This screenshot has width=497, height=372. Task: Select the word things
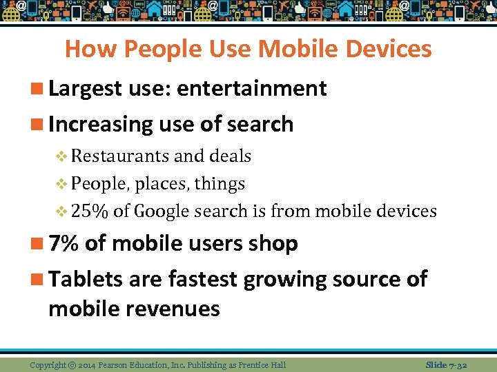[x=220, y=184]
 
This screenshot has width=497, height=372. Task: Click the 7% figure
[x=64, y=243]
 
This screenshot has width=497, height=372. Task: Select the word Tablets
[x=84, y=279]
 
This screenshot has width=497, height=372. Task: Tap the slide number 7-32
[x=456, y=364]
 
